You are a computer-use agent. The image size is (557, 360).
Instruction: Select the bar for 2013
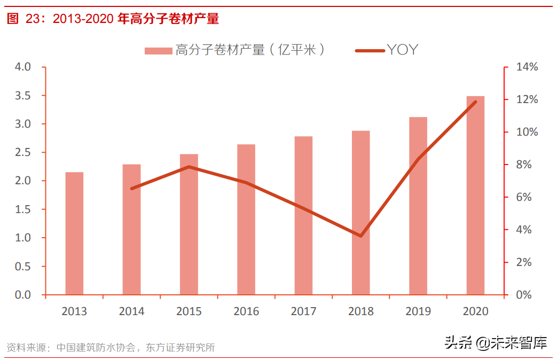[x=74, y=233]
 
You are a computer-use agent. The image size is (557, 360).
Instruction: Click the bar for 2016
[x=246, y=220]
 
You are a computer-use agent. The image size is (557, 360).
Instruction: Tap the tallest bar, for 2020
[x=475, y=195]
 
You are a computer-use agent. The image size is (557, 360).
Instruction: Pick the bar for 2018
[x=361, y=213]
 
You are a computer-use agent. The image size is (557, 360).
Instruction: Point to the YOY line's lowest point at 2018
[x=361, y=236]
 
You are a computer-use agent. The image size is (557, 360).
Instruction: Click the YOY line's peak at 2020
[x=475, y=101]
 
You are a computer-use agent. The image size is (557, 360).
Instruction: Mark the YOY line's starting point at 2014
[x=132, y=189]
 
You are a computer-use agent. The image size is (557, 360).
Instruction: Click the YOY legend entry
[x=387, y=50]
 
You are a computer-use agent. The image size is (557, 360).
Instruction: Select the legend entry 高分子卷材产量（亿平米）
[x=235, y=50]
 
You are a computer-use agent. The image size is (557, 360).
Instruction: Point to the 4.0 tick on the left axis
[x=23, y=67]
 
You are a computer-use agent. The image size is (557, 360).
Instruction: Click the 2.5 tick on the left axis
[x=23, y=153]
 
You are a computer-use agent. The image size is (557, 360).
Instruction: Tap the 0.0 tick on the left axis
[x=23, y=295]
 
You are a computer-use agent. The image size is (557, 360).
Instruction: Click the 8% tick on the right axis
[x=523, y=165]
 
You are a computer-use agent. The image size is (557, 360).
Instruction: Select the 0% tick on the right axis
[x=523, y=295]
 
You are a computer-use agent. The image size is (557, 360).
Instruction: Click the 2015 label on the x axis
[x=189, y=311]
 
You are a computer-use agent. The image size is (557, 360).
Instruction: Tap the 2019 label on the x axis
[x=418, y=311]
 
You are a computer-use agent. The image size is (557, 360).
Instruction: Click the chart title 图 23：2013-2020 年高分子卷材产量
[x=113, y=19]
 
